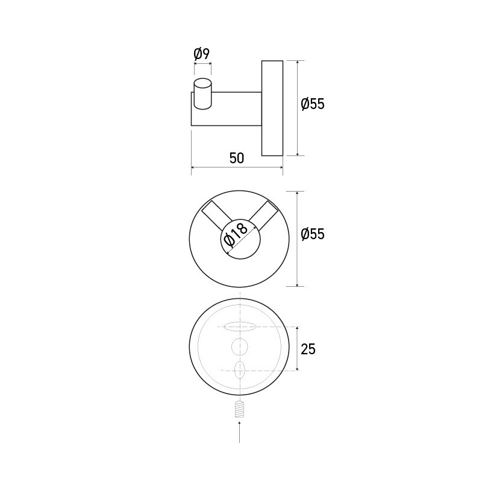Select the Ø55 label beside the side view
point(313,104)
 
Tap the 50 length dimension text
point(237,158)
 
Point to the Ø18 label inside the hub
point(235,235)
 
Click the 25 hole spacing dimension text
point(307,349)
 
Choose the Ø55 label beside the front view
point(313,234)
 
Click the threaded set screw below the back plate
point(239,409)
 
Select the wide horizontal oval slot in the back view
point(239,327)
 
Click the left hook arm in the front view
point(215,214)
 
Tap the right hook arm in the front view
point(263,214)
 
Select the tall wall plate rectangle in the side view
point(272,108)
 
